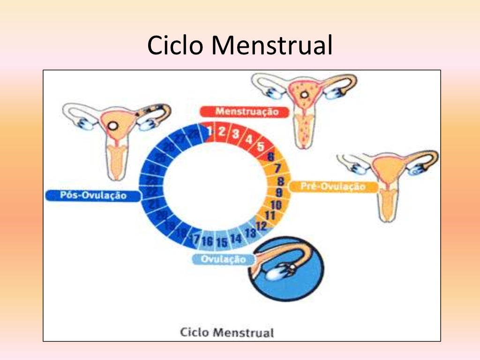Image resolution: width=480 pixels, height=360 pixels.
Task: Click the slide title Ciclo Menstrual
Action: (240, 45)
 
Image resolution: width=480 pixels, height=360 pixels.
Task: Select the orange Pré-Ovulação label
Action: (333, 187)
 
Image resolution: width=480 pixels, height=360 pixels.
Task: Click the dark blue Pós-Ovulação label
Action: (93, 195)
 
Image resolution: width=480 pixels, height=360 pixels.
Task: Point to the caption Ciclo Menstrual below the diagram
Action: (227, 333)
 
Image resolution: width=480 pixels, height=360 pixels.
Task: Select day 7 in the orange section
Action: (277, 168)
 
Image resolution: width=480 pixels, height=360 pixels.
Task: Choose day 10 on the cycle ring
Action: (276, 205)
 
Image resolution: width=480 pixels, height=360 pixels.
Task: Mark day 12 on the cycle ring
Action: (261, 225)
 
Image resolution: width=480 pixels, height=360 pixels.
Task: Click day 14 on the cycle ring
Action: (236, 239)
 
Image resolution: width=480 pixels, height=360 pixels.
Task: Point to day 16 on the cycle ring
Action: (207, 242)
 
